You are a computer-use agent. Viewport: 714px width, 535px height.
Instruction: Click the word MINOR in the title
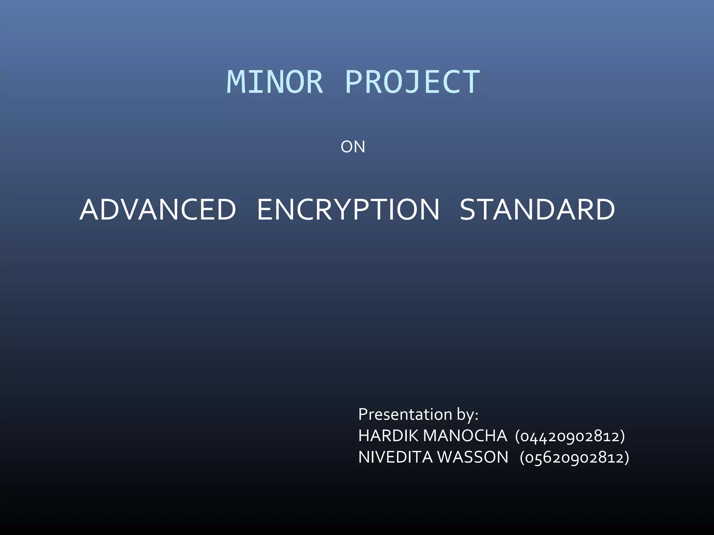click(x=275, y=82)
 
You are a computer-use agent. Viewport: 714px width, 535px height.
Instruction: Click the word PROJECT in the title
click(x=412, y=82)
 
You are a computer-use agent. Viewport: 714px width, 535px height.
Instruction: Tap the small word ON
click(x=353, y=147)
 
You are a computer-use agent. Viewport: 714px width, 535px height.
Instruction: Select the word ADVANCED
click(x=158, y=210)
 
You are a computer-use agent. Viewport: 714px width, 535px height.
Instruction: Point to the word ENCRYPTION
click(x=348, y=210)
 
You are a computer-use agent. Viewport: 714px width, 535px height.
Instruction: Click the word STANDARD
click(x=537, y=210)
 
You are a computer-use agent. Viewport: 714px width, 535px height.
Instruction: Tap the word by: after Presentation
click(x=467, y=414)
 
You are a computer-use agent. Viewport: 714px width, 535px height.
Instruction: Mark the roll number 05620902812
click(x=574, y=458)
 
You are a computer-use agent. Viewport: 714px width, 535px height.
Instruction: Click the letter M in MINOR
click(x=235, y=82)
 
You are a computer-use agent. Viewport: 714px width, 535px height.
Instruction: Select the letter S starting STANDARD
click(x=469, y=210)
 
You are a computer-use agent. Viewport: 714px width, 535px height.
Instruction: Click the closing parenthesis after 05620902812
click(x=627, y=458)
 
